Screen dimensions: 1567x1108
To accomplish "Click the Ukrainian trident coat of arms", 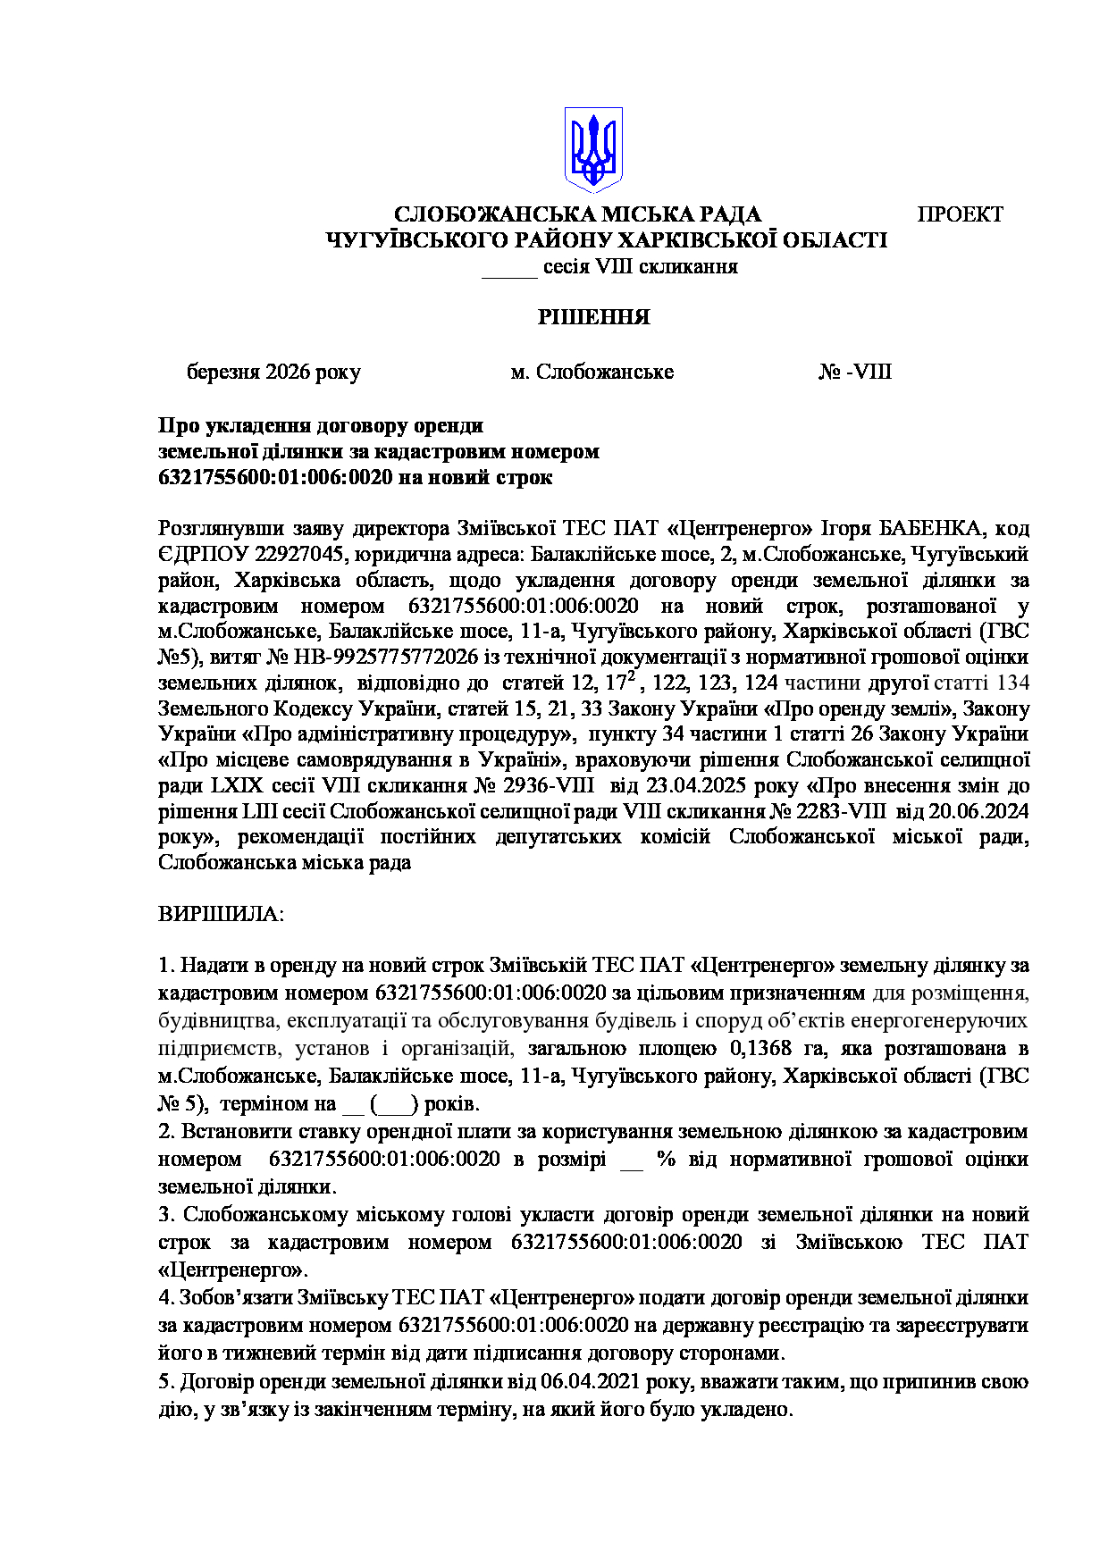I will click(x=592, y=150).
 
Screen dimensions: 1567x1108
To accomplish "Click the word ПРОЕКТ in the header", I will click(x=960, y=214).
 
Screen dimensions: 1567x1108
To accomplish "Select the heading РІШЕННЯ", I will click(x=593, y=317).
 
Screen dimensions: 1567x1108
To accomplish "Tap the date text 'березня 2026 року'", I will click(x=273, y=372).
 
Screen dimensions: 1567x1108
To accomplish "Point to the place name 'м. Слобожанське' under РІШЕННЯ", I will click(x=592, y=372).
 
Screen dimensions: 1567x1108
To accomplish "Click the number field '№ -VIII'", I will click(x=855, y=372).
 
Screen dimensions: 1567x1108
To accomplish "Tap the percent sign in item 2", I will click(x=666, y=1160).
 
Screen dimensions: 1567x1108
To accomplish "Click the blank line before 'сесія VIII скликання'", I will click(x=509, y=268).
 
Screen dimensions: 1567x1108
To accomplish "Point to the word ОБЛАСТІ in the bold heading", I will click(x=835, y=240).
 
